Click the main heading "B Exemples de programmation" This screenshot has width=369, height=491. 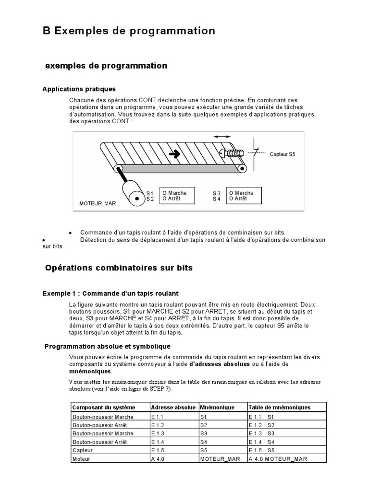click(x=129, y=31)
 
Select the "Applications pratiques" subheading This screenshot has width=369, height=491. click(x=79, y=89)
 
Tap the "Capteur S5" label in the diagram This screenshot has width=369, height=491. click(x=283, y=154)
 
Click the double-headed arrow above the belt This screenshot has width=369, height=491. click(x=221, y=137)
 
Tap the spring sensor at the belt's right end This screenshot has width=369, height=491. click(x=232, y=154)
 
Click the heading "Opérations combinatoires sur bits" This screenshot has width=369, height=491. click(x=119, y=268)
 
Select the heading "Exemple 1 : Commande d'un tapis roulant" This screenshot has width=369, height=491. click(x=111, y=293)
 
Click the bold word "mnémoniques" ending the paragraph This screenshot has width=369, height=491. click(x=90, y=371)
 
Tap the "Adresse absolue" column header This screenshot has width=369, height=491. click(x=173, y=407)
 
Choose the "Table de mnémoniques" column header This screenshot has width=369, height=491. click(x=280, y=407)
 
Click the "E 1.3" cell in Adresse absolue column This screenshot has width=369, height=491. click(x=158, y=433)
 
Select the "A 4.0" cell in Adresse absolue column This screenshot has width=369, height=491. click(x=157, y=459)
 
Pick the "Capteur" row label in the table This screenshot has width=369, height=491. click(x=82, y=450)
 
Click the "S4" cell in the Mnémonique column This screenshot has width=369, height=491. click(x=204, y=442)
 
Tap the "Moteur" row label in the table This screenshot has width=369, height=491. click(x=81, y=459)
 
